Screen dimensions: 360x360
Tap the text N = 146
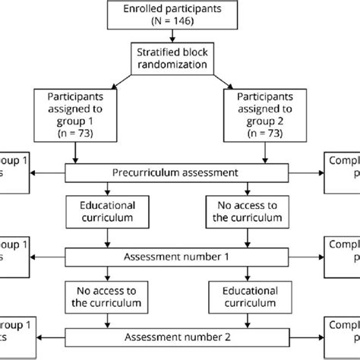[179, 22]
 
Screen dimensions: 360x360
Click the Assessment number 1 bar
[179, 257]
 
